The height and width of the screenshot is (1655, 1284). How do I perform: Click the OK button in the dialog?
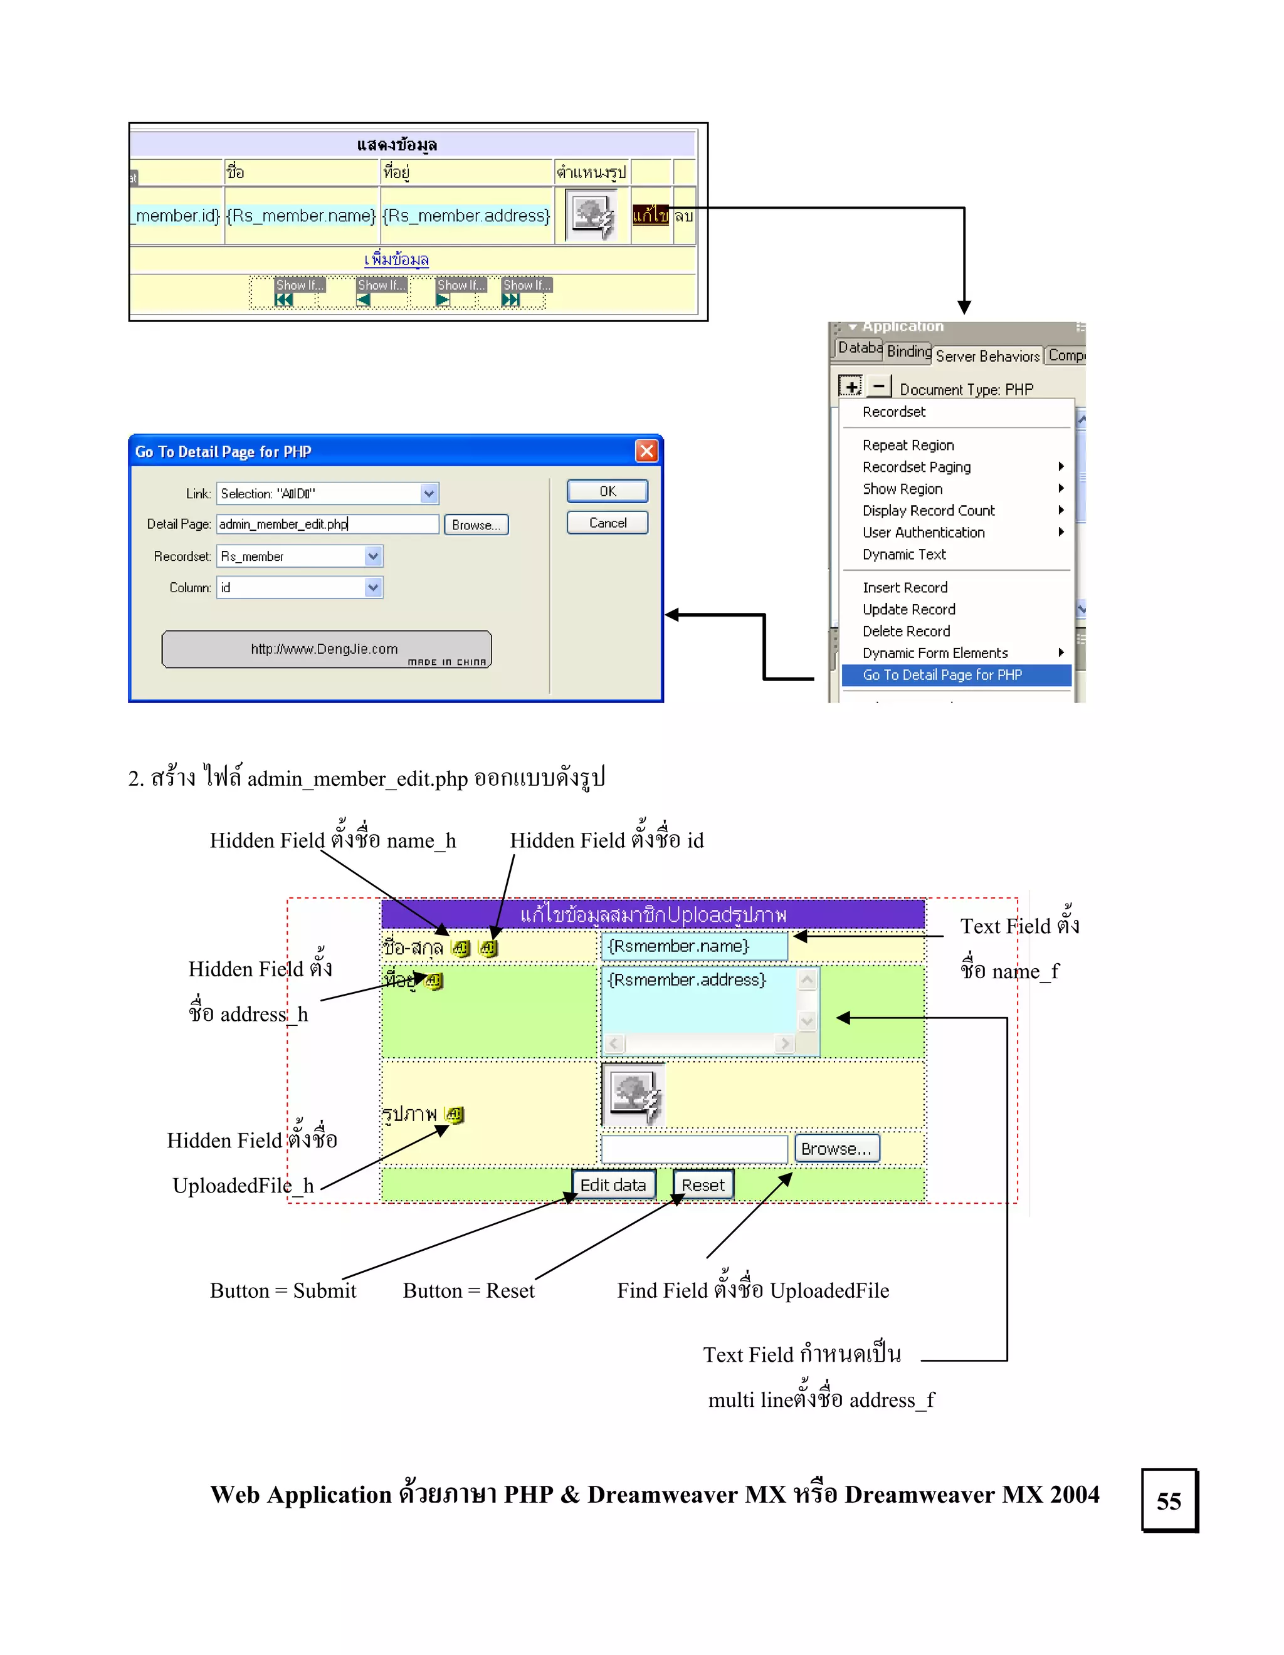(607, 491)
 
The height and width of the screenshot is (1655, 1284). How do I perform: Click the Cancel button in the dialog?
(607, 523)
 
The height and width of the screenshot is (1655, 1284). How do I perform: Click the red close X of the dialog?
(646, 451)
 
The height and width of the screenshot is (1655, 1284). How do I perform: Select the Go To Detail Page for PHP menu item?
(942, 674)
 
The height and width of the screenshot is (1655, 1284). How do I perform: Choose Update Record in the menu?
(909, 609)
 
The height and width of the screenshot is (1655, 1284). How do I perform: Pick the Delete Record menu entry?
(906, 631)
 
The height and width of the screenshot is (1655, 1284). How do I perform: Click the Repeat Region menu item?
(908, 445)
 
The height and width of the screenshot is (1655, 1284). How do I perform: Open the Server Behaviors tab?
(987, 355)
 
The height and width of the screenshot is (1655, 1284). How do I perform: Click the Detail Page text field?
(327, 525)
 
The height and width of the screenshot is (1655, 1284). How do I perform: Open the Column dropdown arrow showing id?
(373, 587)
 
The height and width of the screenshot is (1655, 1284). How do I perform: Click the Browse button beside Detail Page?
(476, 525)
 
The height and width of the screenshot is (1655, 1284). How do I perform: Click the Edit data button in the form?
(613, 1184)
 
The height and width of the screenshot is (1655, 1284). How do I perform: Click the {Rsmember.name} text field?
(694, 946)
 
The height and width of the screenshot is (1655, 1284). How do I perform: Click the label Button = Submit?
(283, 1290)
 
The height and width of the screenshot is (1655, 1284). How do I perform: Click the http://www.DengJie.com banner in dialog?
(326, 649)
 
